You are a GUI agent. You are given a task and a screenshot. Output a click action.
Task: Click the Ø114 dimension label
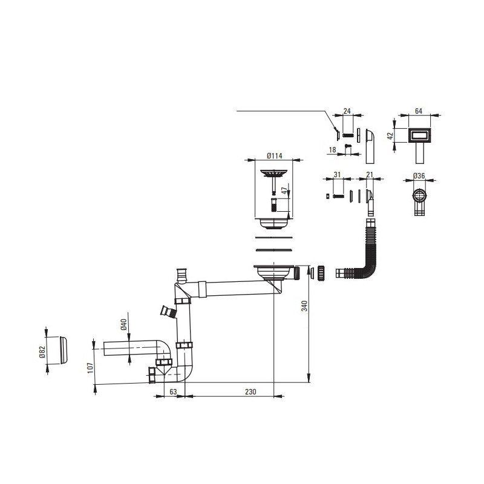(275, 156)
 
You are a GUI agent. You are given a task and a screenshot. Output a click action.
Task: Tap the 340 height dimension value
(305, 306)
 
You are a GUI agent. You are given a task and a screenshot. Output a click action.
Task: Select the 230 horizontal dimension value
(250, 391)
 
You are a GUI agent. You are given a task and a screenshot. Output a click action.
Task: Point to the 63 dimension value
(173, 391)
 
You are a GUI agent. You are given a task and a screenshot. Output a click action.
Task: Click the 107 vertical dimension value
(90, 368)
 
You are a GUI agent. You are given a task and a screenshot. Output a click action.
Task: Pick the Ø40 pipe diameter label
(123, 325)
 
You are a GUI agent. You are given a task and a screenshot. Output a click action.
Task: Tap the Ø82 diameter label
(42, 352)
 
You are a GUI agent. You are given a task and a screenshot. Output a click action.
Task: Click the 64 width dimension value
(419, 111)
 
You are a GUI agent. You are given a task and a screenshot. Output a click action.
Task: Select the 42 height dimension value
(390, 136)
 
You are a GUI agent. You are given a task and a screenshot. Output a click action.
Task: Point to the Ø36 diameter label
(419, 175)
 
